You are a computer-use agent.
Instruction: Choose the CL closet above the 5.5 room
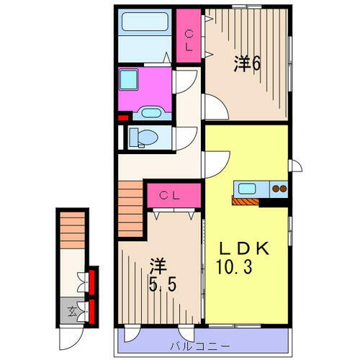click(x=169, y=194)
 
